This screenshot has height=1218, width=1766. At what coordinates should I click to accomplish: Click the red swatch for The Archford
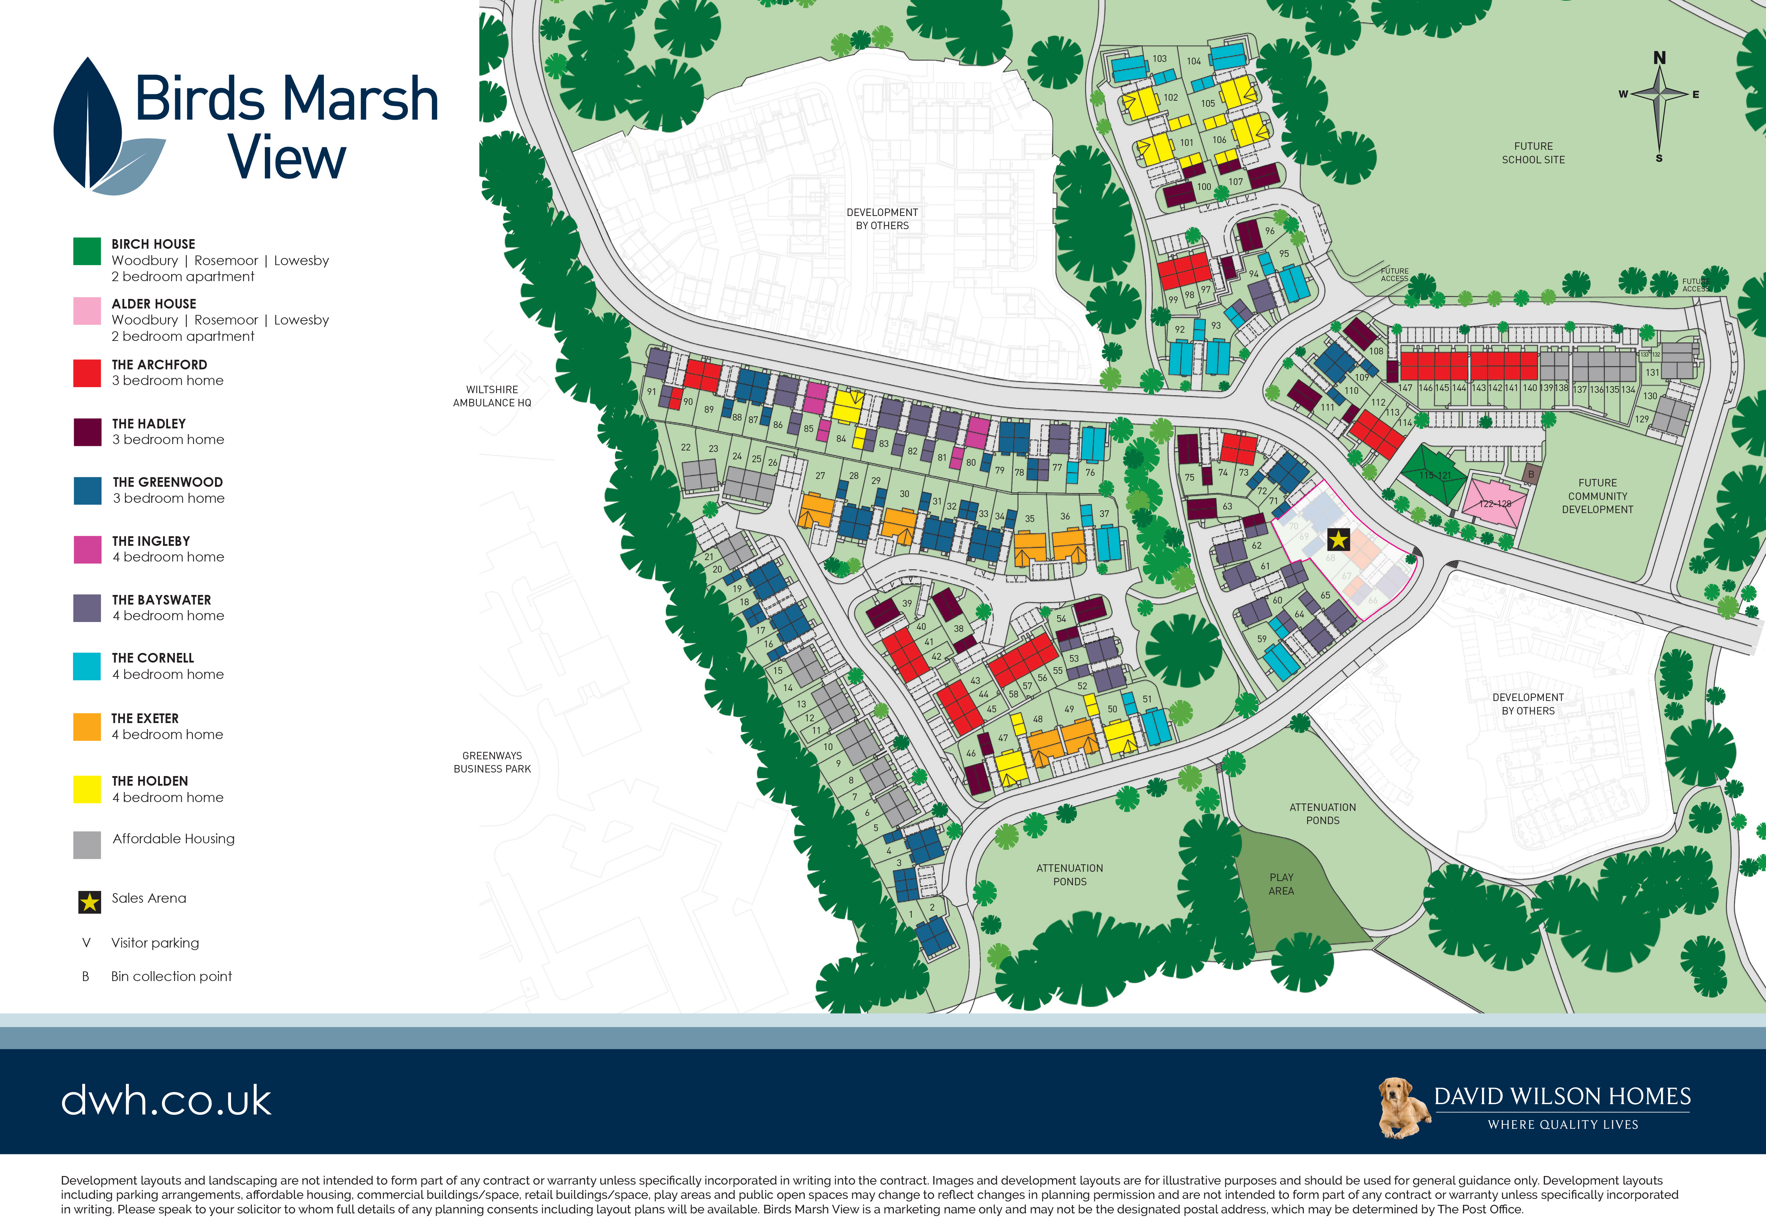coord(87,373)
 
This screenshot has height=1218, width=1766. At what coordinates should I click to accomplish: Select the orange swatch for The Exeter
coord(87,727)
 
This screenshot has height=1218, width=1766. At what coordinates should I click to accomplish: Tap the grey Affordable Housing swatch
coord(87,845)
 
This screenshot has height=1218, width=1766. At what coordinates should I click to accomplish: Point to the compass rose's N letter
coord(1659,58)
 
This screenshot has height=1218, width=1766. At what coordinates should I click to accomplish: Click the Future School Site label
coord(1533,153)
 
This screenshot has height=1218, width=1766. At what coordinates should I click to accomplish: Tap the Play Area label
coord(1281,884)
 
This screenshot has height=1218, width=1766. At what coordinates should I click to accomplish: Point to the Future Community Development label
coord(1597,496)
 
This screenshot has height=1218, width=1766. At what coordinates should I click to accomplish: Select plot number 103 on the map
coord(1159,59)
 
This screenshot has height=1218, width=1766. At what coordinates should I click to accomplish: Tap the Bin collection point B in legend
coord(85,976)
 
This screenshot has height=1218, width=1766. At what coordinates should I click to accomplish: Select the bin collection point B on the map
coord(1530,474)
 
